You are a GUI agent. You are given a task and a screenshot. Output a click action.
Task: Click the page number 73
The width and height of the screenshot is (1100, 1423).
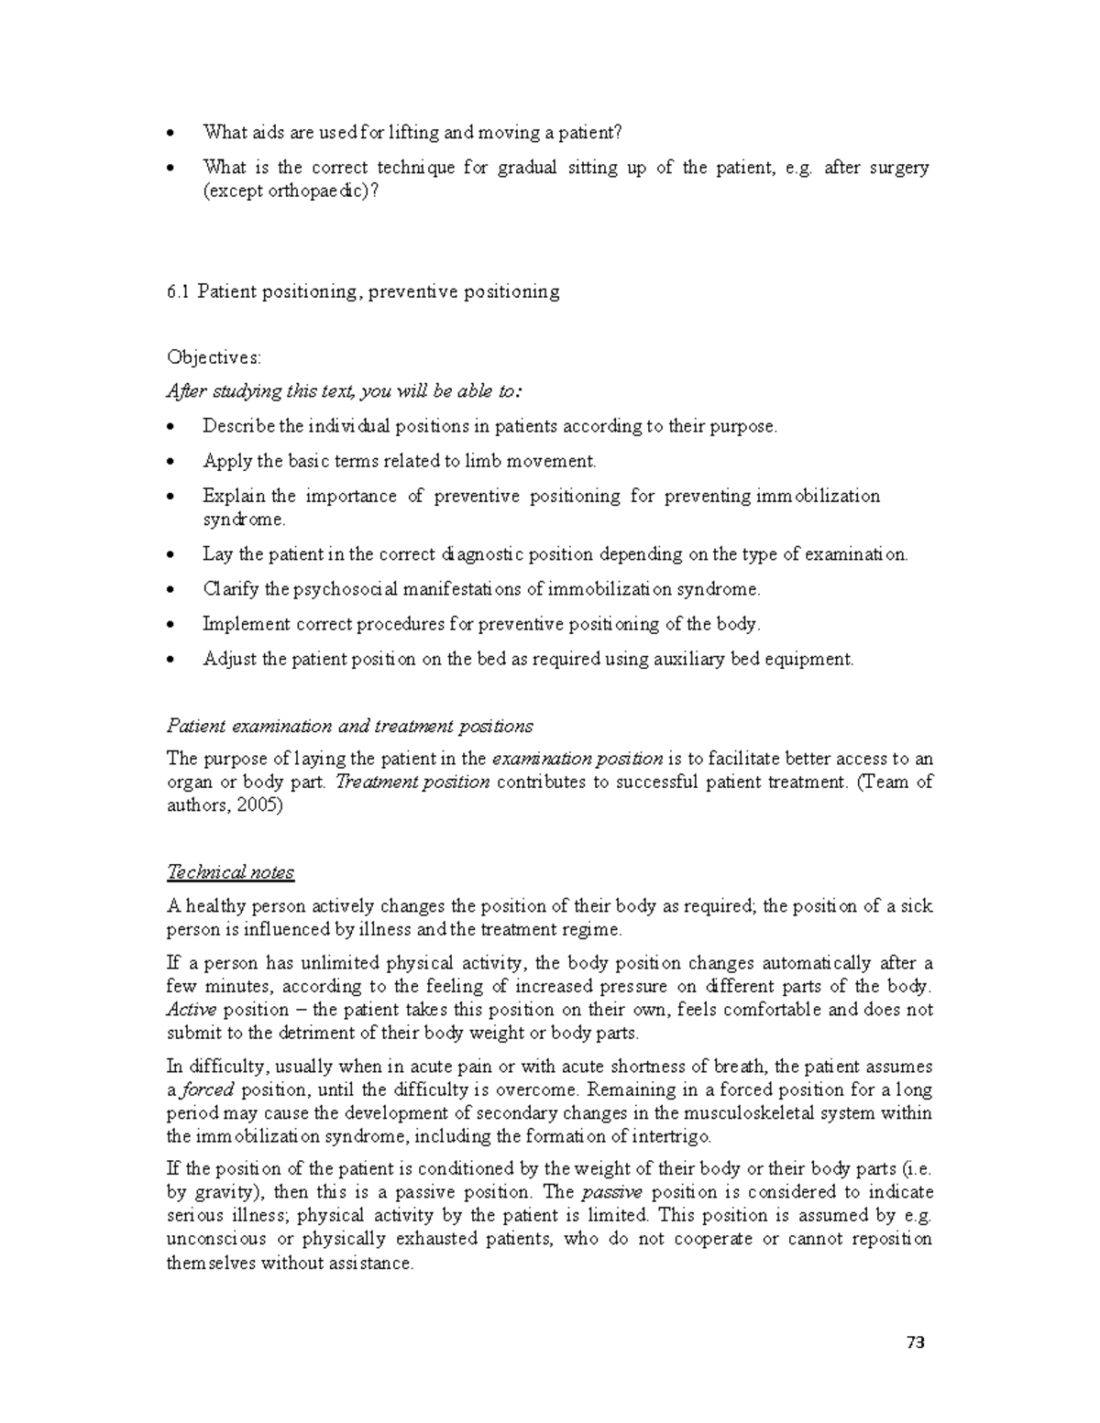[x=915, y=1343]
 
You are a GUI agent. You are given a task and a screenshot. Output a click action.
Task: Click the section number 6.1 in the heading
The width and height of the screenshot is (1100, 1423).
[x=178, y=291]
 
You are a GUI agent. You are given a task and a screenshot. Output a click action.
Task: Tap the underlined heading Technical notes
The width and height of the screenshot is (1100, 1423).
[x=230, y=872]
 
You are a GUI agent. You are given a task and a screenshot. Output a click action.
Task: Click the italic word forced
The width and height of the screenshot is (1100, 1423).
[x=207, y=1089]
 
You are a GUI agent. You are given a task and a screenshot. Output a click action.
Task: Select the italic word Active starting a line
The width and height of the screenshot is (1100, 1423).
[x=191, y=1010]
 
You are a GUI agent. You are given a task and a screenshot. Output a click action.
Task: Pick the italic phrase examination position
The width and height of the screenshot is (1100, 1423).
[x=577, y=759]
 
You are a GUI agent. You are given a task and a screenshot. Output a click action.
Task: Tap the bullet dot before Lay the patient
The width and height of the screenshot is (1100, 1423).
[x=171, y=555]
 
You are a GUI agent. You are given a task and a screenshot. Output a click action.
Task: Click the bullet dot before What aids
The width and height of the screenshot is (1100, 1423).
[x=171, y=134]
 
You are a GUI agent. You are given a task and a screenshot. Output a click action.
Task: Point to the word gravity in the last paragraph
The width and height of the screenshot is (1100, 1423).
[x=221, y=1192]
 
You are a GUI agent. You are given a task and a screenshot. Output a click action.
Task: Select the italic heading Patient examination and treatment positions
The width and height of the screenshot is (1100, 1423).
[x=349, y=727]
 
